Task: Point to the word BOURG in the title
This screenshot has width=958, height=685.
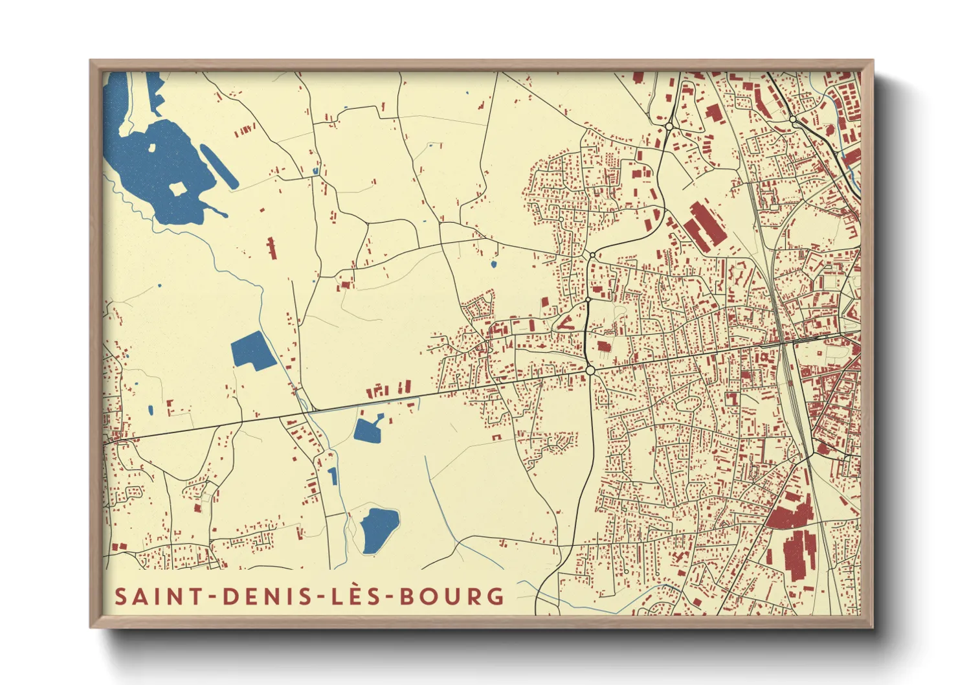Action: tap(452, 596)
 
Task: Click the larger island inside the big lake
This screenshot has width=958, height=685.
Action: tap(177, 189)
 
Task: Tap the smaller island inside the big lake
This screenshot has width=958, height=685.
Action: tap(152, 147)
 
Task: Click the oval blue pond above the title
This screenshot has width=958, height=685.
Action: tap(379, 530)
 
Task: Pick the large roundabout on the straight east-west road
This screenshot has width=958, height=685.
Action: tap(590, 370)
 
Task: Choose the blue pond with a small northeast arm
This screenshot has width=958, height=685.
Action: tap(368, 429)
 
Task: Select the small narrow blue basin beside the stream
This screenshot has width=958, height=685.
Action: tap(333, 477)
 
